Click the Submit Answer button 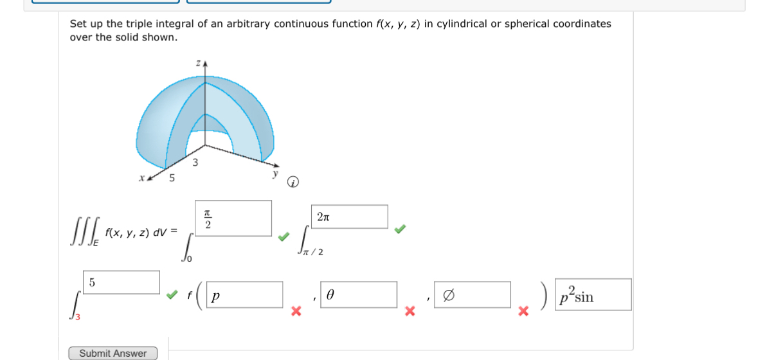click(113, 353)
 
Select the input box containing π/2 click(233, 218)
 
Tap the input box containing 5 click(122, 282)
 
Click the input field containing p click(245, 295)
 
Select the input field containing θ click(358, 295)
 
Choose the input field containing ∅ click(473, 294)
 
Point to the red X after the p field click(296, 312)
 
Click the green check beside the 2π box click(401, 229)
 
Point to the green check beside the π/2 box click(284, 237)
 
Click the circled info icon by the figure click(293, 183)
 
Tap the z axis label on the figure click(199, 63)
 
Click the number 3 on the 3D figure click(195, 162)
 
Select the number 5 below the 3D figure click(172, 178)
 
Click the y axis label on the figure click(275, 173)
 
